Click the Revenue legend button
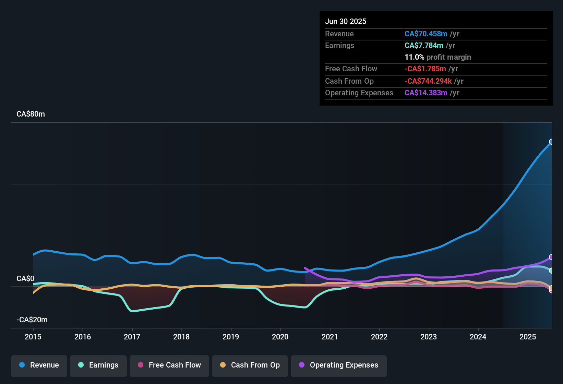pyautogui.click(x=39, y=365)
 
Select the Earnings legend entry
pyautogui.click(x=98, y=365)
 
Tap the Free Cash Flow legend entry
pyautogui.click(x=169, y=365)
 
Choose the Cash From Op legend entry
pyautogui.click(x=250, y=365)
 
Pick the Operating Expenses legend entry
pyautogui.click(x=339, y=365)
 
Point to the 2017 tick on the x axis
pyautogui.click(x=132, y=337)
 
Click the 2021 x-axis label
pyautogui.click(x=330, y=337)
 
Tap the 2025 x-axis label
pyautogui.click(x=528, y=337)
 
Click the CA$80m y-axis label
pyautogui.click(x=31, y=114)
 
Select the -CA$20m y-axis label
pyautogui.click(x=32, y=320)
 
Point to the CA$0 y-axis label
pyautogui.click(x=25, y=279)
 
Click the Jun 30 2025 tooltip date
pyautogui.click(x=346, y=22)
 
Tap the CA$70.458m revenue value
pyautogui.click(x=426, y=34)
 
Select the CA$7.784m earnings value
pyautogui.click(x=424, y=46)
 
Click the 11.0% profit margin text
pyautogui.click(x=438, y=57)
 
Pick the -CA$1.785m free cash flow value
pyautogui.click(x=425, y=69)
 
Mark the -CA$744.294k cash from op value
pyautogui.click(x=428, y=81)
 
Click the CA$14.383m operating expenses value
pyautogui.click(x=426, y=93)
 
